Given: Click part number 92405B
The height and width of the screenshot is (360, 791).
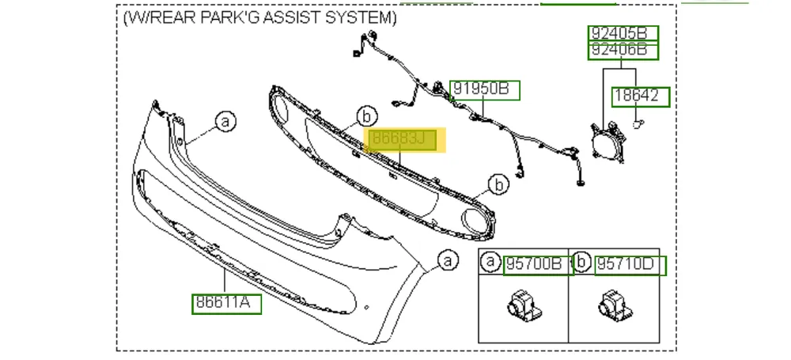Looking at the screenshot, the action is pos(623,34).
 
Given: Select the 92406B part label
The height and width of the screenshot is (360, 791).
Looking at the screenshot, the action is pos(623,51).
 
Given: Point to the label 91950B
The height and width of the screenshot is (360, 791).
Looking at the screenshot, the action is pos(484,90).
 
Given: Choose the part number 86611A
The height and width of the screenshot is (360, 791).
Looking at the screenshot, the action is pos(226,304).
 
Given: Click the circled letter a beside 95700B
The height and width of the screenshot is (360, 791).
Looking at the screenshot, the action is pos(490,262).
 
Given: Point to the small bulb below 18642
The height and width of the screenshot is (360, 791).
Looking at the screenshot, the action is pos(638,123).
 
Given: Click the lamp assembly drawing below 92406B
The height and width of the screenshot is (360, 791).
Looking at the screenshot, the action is pos(608,142).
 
